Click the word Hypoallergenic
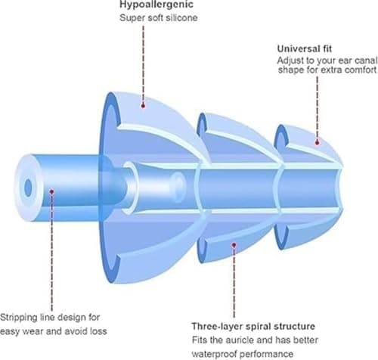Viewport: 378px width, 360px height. point(156,5)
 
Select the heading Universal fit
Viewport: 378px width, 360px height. point(305,48)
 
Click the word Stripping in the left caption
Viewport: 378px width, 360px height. point(18,318)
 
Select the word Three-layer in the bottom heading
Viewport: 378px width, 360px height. point(217,326)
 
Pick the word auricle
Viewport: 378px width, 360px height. point(240,340)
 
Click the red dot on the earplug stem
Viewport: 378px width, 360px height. point(51,192)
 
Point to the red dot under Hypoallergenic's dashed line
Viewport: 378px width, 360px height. point(143,106)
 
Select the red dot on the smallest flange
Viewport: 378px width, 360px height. point(317,143)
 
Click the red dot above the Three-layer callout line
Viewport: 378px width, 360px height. point(234,245)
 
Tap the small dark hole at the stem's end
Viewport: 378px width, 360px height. point(28,188)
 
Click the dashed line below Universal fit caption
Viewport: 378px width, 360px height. point(317,107)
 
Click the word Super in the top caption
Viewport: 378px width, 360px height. point(129,18)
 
